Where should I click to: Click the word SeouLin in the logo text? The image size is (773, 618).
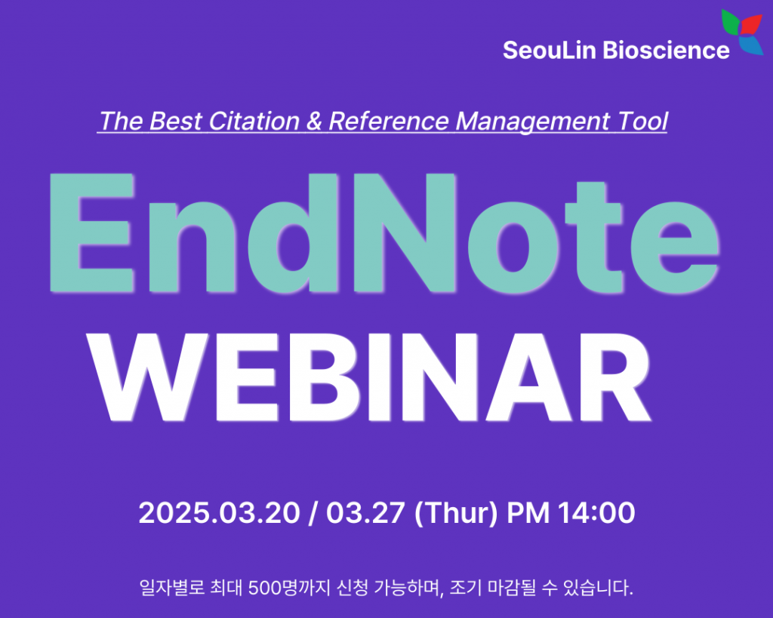pyautogui.click(x=550, y=51)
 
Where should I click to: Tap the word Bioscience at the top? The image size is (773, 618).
pyautogui.click(x=666, y=51)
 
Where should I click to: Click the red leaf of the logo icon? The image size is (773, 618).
pyautogui.click(x=750, y=25)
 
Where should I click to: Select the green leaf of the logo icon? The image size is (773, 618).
pyautogui.click(x=731, y=22)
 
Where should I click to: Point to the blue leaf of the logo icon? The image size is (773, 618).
pyautogui.click(x=751, y=45)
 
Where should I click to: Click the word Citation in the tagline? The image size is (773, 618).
pyautogui.click(x=254, y=121)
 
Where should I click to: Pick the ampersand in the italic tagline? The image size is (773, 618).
pyautogui.click(x=314, y=121)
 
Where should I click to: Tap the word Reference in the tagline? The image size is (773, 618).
pyautogui.click(x=389, y=121)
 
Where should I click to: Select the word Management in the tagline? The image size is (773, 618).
pyautogui.click(x=532, y=121)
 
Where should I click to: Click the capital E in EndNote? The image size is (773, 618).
pyautogui.click(x=92, y=232)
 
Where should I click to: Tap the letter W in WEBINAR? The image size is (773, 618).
pyautogui.click(x=147, y=377)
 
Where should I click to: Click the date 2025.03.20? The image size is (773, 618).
pyautogui.click(x=220, y=512)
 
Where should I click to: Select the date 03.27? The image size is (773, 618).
pyautogui.click(x=365, y=512)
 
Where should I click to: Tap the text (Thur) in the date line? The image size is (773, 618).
pyautogui.click(x=456, y=513)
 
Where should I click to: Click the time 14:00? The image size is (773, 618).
pyautogui.click(x=596, y=512)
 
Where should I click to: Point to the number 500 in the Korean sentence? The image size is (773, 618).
pyautogui.click(x=263, y=588)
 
